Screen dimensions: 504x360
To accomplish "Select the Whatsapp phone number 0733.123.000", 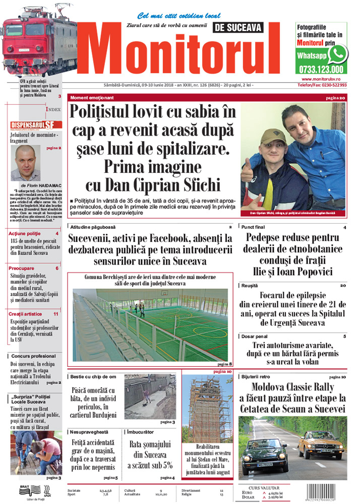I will pos(321,70).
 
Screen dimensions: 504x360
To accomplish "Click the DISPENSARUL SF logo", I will pos(36,125).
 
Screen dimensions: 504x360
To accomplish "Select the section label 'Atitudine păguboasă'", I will pos(90,227).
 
